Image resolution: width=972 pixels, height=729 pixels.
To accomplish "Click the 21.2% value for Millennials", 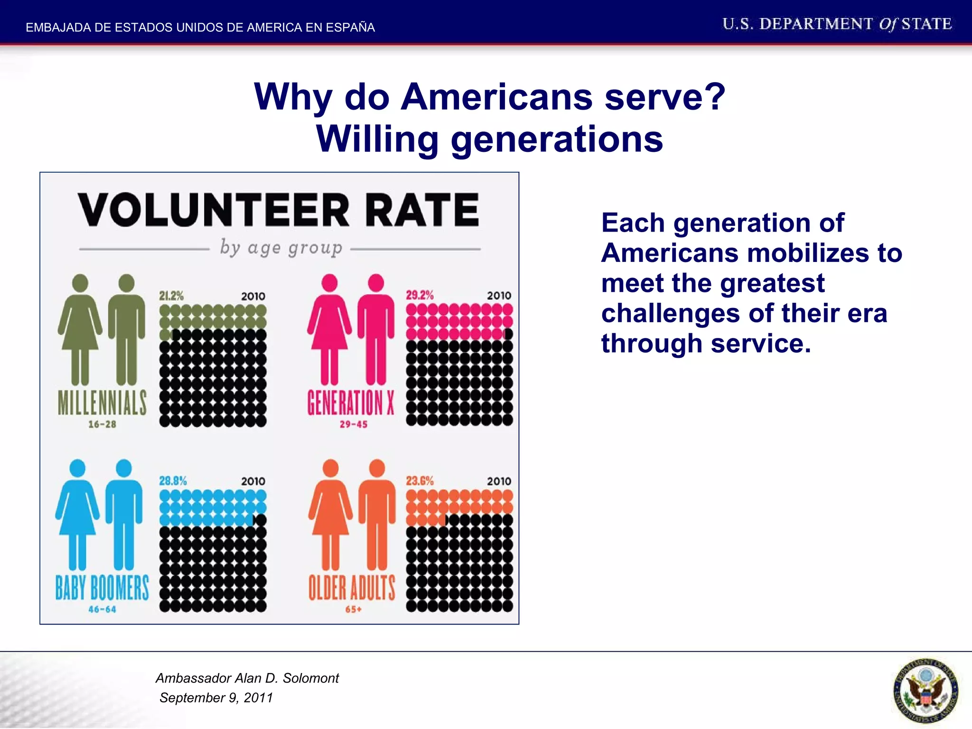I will tap(171, 296).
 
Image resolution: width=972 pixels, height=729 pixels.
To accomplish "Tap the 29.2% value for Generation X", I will tap(420, 295).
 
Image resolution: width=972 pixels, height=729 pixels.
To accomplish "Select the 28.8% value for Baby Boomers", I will tap(173, 481).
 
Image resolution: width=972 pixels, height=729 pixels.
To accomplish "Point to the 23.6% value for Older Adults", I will tap(420, 481).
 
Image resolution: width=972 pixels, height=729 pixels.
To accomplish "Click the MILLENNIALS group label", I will tap(102, 403).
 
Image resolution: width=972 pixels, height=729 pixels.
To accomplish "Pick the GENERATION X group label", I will tap(351, 403).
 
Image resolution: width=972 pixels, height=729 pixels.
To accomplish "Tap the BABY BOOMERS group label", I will tap(102, 588).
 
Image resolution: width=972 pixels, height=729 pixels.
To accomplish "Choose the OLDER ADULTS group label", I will tap(352, 588).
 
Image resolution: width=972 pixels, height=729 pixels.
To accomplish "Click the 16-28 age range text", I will tap(102, 424).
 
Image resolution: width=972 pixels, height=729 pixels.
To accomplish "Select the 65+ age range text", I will tap(353, 609).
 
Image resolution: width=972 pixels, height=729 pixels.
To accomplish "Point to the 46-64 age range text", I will tap(102, 609).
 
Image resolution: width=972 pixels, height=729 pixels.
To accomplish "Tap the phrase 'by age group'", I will tap(281, 248).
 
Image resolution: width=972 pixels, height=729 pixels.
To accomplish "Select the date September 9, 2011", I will tap(216, 698).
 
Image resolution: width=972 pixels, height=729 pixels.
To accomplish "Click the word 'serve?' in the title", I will tap(665, 97).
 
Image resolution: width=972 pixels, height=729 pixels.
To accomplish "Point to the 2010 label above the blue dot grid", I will tap(253, 481).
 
